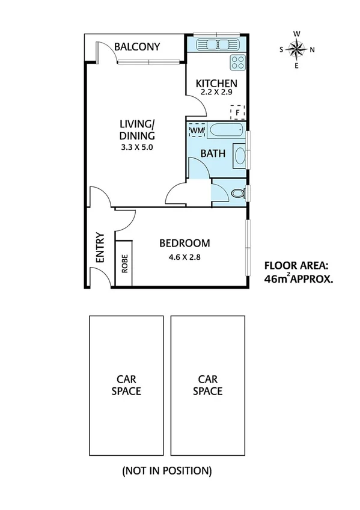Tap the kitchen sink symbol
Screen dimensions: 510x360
[x=216, y=43]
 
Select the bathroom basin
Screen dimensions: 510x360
[x=239, y=156]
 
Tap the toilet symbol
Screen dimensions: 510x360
[x=237, y=193]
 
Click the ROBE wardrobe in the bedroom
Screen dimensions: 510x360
[x=124, y=264]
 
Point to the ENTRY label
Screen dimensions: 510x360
[x=100, y=247]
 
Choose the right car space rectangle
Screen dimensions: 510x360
[x=207, y=386]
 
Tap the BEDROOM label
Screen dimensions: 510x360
[x=185, y=244]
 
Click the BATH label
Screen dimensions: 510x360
[x=213, y=153]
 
